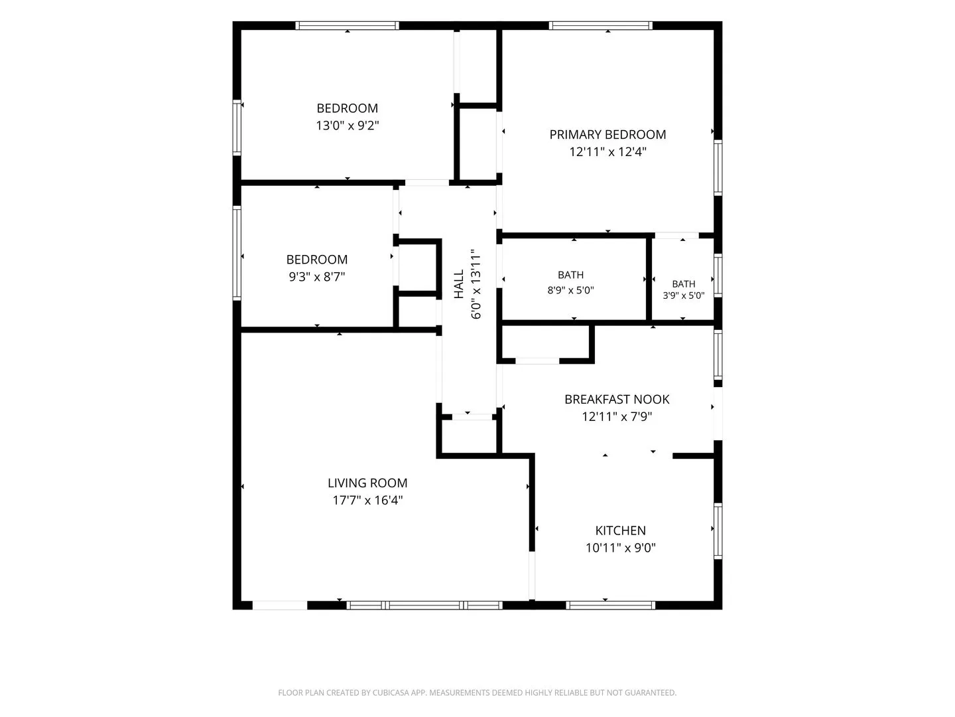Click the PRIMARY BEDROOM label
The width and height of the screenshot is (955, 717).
[607, 135]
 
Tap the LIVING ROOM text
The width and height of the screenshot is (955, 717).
[367, 483]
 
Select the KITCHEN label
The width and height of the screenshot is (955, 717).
[621, 530]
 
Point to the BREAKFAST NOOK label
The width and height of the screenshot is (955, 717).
[617, 399]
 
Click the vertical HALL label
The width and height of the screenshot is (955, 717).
[459, 284]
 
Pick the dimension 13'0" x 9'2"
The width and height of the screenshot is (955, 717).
[348, 125]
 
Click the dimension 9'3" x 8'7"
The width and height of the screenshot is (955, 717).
[317, 276]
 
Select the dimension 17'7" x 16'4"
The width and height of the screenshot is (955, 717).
[367, 500]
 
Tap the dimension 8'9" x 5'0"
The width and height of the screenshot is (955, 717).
[570, 290]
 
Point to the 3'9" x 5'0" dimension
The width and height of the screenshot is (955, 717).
[683, 295]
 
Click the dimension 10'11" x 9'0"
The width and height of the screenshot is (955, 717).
[621, 547]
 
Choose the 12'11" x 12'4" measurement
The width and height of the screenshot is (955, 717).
[607, 151]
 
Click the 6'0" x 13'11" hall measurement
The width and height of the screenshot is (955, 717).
[476, 284]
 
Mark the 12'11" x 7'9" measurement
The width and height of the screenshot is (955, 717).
[617, 417]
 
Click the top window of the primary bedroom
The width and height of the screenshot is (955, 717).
[600, 26]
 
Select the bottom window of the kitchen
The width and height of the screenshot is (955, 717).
[610, 605]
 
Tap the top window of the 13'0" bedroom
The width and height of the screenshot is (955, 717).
[348, 26]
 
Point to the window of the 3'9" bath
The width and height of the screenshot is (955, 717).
[718, 276]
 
